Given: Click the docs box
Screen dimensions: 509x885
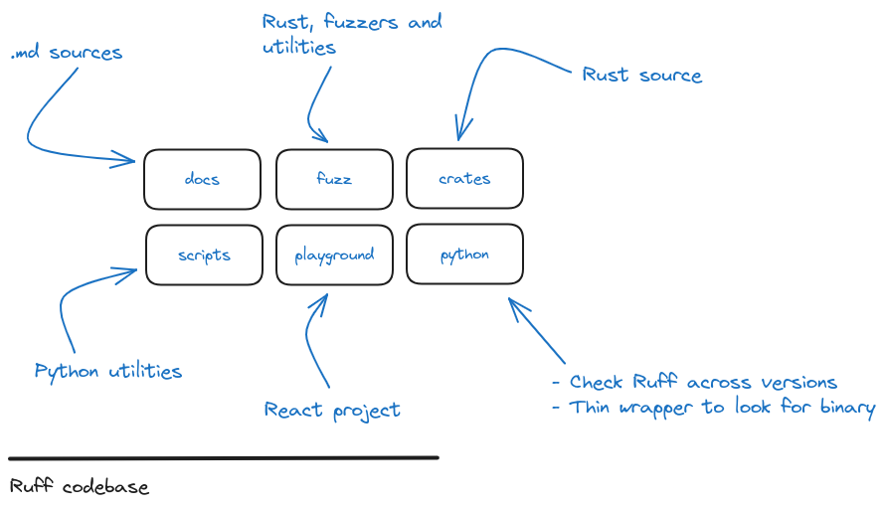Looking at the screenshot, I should [x=202, y=179].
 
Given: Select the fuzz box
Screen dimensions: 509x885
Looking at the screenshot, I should [x=334, y=179].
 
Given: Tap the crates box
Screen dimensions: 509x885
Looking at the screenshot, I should [x=464, y=179].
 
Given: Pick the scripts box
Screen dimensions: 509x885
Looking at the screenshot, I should [x=204, y=254].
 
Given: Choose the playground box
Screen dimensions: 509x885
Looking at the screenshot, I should [x=334, y=254].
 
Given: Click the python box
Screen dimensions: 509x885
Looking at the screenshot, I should [x=464, y=254].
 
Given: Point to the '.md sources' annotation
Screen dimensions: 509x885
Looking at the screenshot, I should [x=67, y=53].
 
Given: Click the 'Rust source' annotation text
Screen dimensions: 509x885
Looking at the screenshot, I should [x=641, y=76].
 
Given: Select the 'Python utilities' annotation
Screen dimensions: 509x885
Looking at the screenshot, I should [x=108, y=372].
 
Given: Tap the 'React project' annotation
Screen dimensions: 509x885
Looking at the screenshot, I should [x=332, y=410].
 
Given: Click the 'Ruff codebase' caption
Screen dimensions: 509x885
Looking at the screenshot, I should [x=80, y=487].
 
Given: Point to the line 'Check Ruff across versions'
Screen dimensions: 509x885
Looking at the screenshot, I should [x=702, y=383].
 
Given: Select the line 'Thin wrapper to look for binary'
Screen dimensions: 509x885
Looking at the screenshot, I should [x=721, y=408].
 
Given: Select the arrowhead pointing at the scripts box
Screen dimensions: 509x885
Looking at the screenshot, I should [x=132, y=268].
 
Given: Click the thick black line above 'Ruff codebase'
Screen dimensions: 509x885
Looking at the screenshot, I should [x=224, y=458].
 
